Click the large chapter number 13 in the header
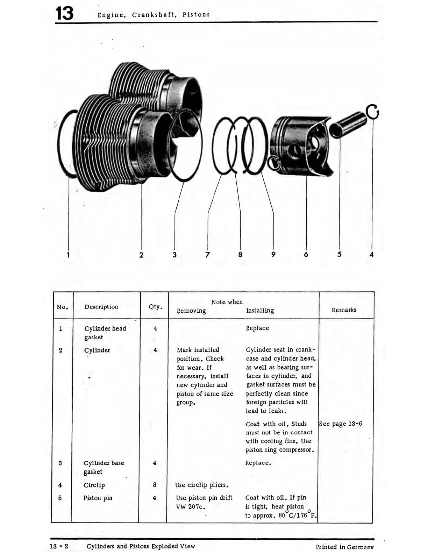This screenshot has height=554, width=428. [x=65, y=14]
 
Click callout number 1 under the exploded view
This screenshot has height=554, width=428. [x=69, y=255]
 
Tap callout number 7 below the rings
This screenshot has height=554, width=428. [x=207, y=255]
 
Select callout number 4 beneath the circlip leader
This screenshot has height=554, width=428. [x=371, y=255]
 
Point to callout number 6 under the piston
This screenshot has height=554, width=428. [x=306, y=255]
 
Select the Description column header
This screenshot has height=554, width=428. [x=101, y=307]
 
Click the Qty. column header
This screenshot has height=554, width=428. [x=155, y=307]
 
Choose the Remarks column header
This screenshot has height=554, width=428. [x=344, y=310]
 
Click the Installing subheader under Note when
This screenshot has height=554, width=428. [x=260, y=311]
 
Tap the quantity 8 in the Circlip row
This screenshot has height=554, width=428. [x=155, y=485]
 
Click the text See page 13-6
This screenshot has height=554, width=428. [x=341, y=424]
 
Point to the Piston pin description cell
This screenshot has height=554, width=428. [x=98, y=498]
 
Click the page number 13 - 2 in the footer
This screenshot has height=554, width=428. [x=59, y=546]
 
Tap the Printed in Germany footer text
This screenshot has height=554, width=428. [x=344, y=547]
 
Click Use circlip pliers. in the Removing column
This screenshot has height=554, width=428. [x=202, y=485]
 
